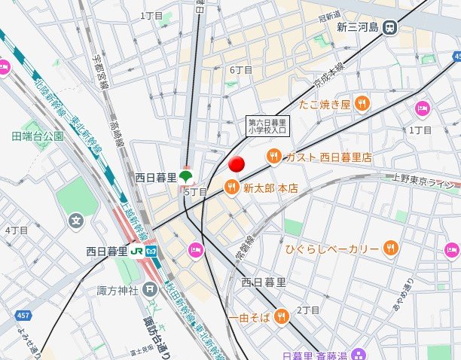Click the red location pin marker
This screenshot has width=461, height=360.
[x=237, y=165]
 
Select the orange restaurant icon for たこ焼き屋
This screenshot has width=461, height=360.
[x=362, y=104]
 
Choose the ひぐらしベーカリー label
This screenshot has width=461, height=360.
[x=332, y=248]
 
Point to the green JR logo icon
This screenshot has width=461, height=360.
[x=137, y=250]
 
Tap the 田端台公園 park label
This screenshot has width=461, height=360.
[x=38, y=136]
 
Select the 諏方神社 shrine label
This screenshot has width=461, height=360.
[x=118, y=289]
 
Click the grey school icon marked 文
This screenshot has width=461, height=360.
[x=76, y=221]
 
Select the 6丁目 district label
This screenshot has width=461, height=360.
[x=240, y=70]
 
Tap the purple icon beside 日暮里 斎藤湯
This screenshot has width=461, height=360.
[x=359, y=353]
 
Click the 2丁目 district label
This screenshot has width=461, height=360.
[x=308, y=310]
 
